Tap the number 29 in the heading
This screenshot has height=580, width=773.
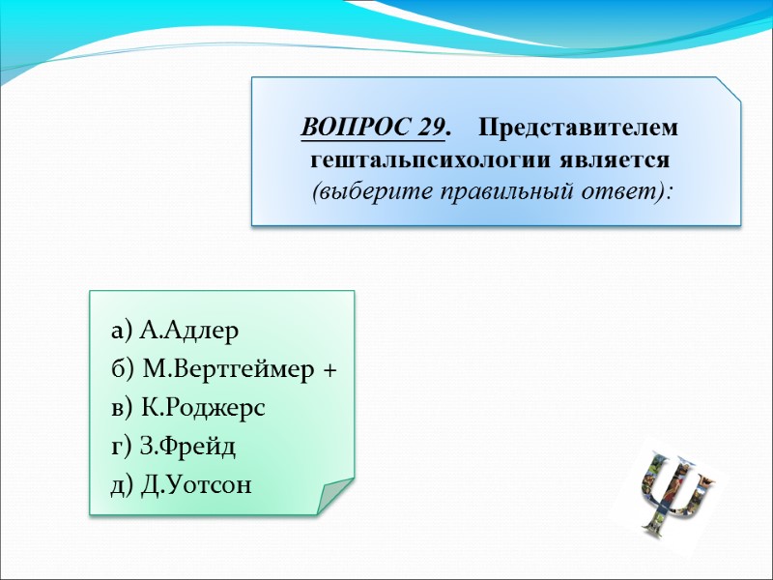pyautogui.click(x=433, y=128)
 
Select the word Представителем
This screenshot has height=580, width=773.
pyautogui.click(x=578, y=128)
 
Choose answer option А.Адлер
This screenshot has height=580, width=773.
pyautogui.click(x=188, y=332)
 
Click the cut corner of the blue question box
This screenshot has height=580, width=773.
pyautogui.click(x=728, y=88)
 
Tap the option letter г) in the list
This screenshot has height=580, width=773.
pyautogui.click(x=121, y=447)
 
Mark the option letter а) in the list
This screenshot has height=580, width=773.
pyautogui.click(x=122, y=332)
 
